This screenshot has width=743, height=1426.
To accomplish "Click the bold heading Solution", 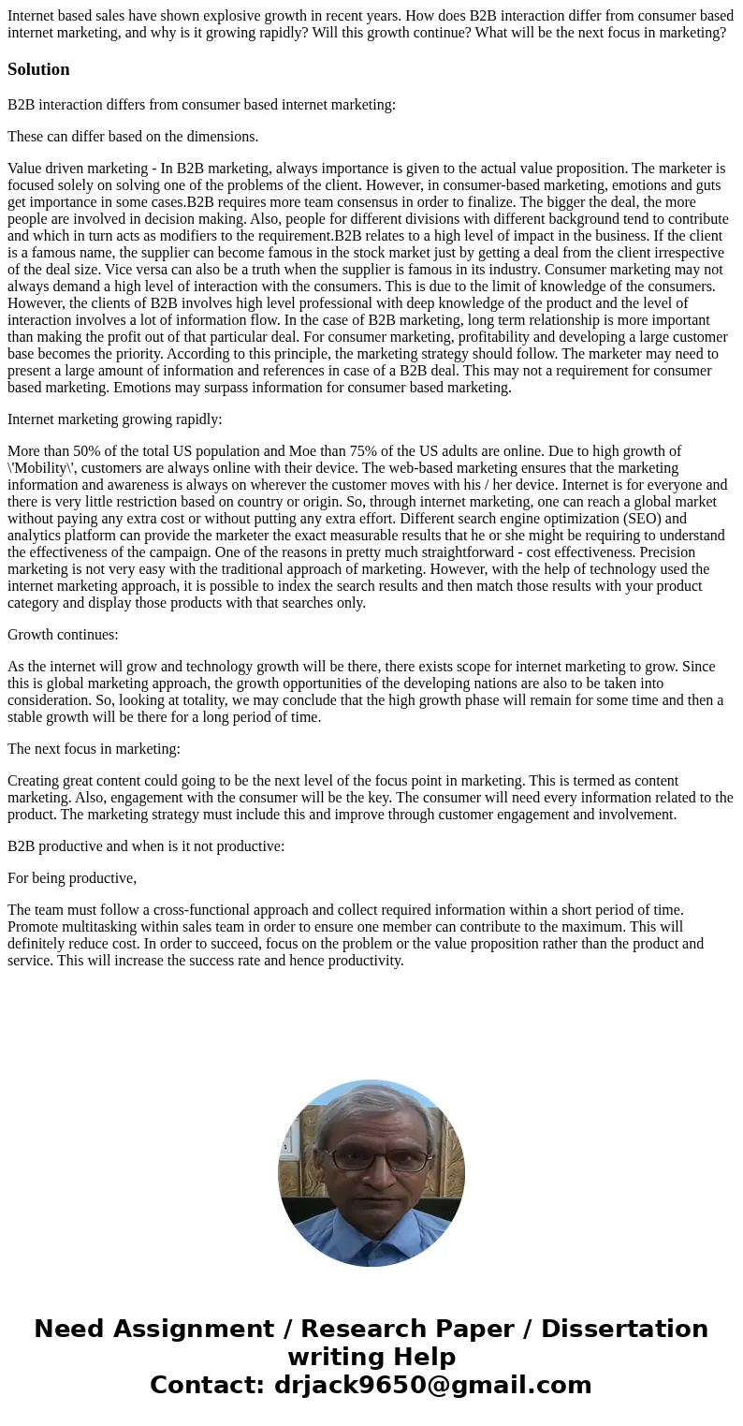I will pos(38,69).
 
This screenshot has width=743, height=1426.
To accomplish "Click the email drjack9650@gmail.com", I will pos(432,1385).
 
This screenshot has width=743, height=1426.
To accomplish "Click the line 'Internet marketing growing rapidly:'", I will pos(115,419).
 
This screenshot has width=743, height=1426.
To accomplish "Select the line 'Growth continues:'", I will pos(63,635).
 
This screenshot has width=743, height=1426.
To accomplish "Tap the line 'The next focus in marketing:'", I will pos(94,749).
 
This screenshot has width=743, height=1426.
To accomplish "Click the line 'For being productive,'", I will pos(72,878).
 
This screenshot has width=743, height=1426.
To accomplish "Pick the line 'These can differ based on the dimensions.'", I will pos(133,137).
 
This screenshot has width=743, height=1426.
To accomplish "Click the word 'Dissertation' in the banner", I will pos(624,1330).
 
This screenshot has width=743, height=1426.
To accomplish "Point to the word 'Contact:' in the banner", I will pos(207,1385).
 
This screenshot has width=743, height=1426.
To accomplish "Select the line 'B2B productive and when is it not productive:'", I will pos(146,846).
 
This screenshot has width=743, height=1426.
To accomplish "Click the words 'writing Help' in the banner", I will pos(371,1357).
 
